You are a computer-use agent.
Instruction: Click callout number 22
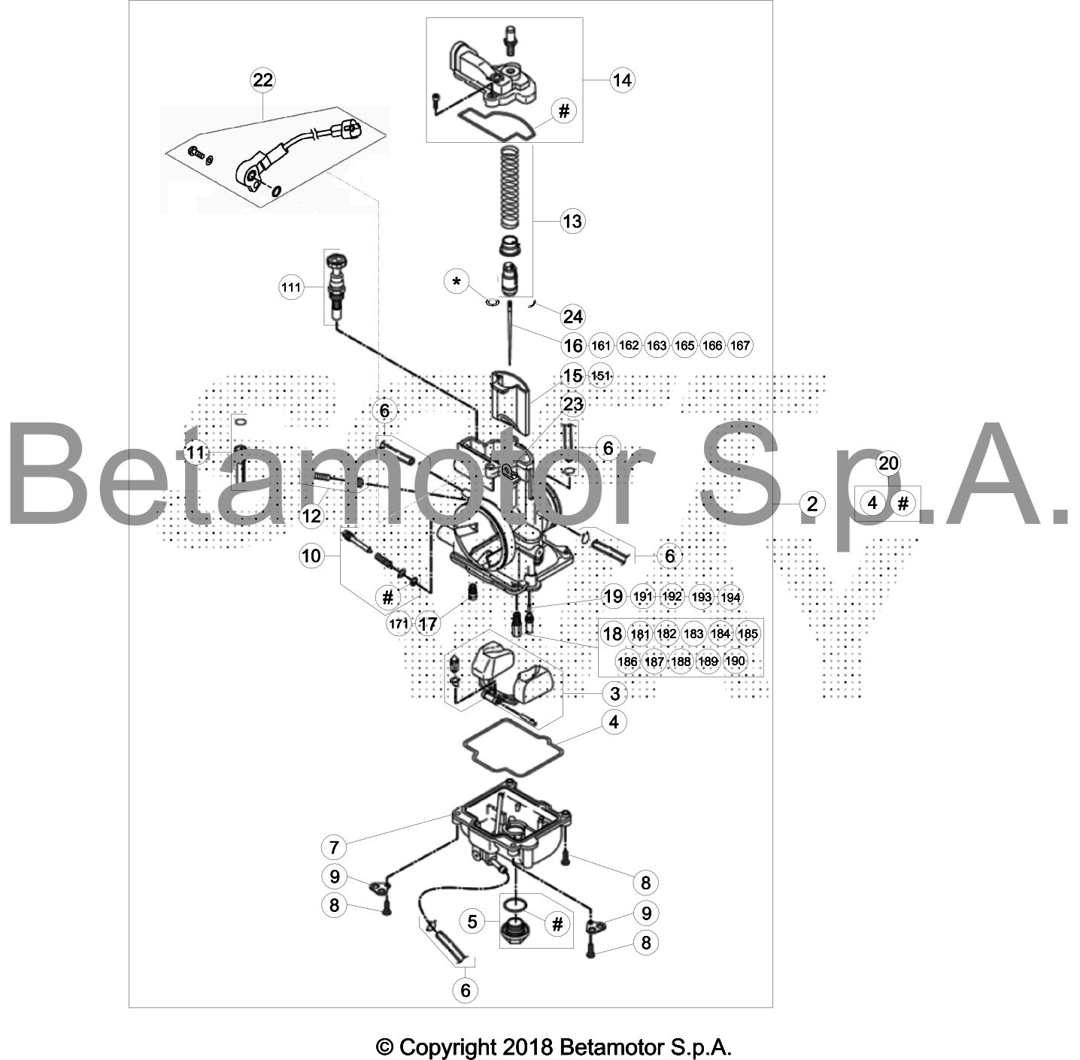[262, 80]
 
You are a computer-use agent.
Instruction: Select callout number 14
[622, 80]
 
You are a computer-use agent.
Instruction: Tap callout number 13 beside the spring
[572, 221]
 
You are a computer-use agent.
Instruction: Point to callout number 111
[291, 288]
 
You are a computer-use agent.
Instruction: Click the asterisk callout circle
[457, 281]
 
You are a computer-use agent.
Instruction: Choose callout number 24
[572, 316]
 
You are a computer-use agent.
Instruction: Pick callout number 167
[740, 346]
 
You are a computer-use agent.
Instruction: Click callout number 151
[600, 376]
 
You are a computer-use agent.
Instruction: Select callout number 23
[573, 404]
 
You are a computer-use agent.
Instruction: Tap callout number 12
[311, 516]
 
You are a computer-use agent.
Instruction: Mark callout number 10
[311, 556]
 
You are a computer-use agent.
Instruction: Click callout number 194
[730, 597]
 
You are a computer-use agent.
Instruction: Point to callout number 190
[735, 661]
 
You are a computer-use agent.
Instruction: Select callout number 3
[614, 694]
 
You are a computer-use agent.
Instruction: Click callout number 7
[334, 848]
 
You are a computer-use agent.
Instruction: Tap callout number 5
[472, 922]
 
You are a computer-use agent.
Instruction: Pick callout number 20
[888, 463]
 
